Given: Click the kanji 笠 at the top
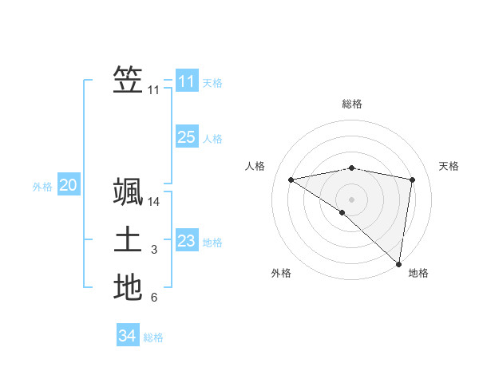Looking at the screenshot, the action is (x=128, y=80).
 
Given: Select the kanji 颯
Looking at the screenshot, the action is (x=128, y=193).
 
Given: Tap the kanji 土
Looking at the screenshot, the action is (x=128, y=240).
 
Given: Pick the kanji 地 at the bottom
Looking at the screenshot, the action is (x=128, y=287).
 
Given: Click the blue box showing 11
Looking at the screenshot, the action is (x=187, y=81).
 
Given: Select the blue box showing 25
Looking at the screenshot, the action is (x=187, y=137).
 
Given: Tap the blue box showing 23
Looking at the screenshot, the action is (x=187, y=241).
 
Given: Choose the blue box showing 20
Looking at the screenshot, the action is (x=68, y=186).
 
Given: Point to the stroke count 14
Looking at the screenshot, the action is (x=154, y=203).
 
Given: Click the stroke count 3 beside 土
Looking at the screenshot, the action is (x=154, y=251).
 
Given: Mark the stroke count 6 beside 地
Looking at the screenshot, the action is (x=154, y=298).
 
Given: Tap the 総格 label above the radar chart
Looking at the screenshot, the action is (x=352, y=104).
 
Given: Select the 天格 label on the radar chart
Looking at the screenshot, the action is (x=449, y=166).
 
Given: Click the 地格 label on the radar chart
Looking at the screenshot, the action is (x=418, y=273).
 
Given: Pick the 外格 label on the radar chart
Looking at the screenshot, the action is (x=281, y=273).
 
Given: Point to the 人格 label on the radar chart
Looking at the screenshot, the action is (x=255, y=166).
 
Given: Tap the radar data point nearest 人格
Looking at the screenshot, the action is (x=291, y=180).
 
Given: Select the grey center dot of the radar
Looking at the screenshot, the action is (x=351, y=199).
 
